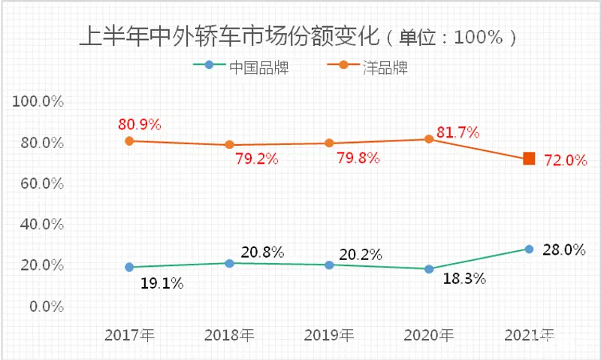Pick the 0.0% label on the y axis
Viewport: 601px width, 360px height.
click(47, 307)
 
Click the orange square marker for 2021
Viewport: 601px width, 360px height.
click(529, 159)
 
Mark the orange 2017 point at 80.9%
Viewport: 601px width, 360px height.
click(129, 141)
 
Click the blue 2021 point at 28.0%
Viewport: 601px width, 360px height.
click(529, 249)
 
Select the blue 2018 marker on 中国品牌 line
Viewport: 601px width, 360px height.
click(229, 263)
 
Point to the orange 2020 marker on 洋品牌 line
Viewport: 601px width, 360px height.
click(429, 139)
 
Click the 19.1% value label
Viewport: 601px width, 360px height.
click(162, 284)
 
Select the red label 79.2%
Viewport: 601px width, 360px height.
click(258, 159)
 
